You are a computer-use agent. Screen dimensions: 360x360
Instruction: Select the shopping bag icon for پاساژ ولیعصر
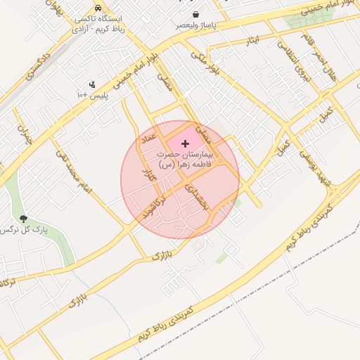point(195,15)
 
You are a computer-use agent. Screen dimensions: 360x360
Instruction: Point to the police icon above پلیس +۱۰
point(92,84)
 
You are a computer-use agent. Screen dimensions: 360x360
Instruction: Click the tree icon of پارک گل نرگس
point(25,219)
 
